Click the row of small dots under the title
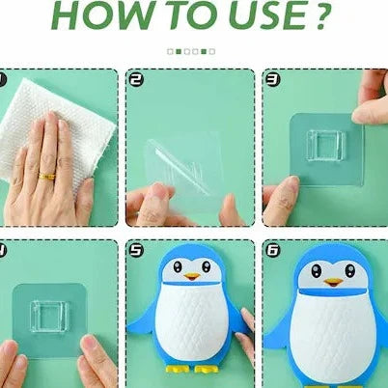point(191,51)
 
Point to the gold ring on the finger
point(45,176)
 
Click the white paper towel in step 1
point(48,116)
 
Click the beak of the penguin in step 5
point(193,276)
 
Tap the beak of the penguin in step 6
point(333,281)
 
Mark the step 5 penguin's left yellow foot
point(177,368)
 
